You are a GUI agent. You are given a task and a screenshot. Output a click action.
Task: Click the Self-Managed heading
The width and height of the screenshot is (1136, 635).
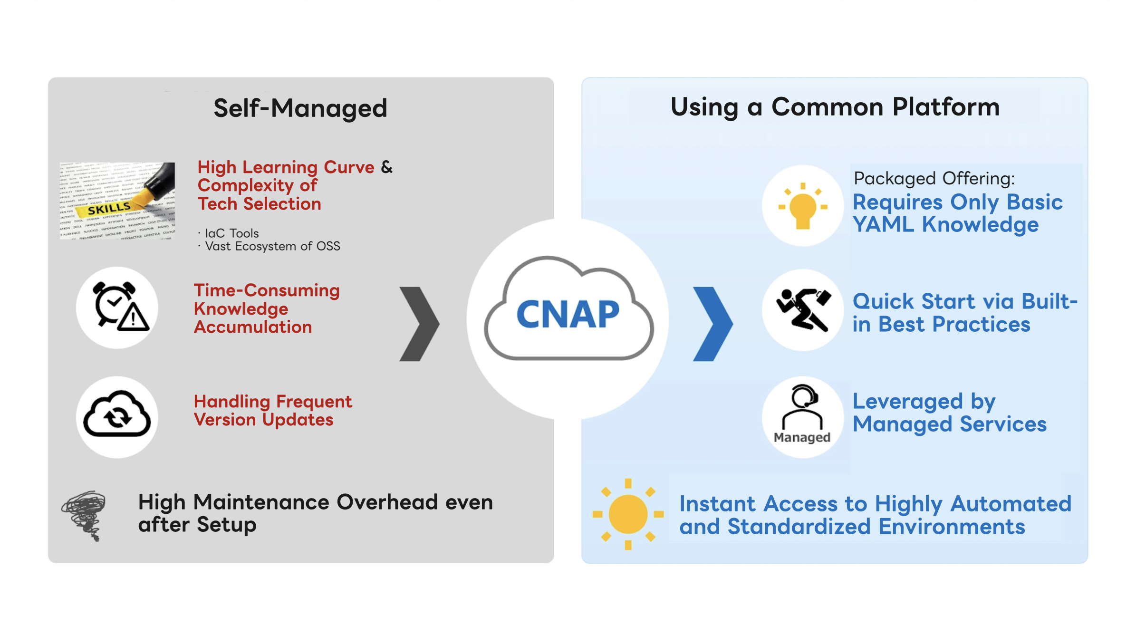pos(300,108)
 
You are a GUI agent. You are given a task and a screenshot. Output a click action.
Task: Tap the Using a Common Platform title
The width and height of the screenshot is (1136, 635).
pos(835,107)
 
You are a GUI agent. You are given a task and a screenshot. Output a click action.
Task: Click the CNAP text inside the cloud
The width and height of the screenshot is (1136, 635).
pos(568,315)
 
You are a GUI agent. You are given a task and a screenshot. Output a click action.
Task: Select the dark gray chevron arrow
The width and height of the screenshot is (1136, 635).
pos(419,324)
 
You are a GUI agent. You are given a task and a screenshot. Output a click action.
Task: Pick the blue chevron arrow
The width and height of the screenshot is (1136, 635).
pos(712,324)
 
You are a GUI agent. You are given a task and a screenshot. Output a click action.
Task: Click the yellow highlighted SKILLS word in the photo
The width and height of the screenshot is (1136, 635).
pos(109,209)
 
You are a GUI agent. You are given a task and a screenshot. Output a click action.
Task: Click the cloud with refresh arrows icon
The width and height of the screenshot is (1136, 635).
pos(117,415)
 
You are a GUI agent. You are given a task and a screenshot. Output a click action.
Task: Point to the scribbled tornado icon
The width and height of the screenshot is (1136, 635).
pos(85,515)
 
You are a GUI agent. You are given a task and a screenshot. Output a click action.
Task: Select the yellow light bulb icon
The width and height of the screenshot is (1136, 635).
pos(803,206)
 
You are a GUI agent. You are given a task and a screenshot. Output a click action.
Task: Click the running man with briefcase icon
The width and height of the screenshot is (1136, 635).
pos(803,309)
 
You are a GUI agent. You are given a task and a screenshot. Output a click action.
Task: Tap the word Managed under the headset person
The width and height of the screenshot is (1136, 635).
pos(802,437)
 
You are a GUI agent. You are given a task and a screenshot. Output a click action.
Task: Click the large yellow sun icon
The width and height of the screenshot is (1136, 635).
pos(628,514)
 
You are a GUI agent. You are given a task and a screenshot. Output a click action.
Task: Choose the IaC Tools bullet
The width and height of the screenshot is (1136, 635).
pos(231,233)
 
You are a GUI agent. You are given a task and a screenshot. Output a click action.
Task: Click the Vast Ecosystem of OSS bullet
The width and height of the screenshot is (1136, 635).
pos(272,246)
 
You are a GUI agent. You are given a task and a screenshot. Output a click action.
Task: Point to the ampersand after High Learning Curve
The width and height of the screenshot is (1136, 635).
pos(387,167)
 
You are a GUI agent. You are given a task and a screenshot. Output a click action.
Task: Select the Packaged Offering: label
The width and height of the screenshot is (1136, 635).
pos(934,179)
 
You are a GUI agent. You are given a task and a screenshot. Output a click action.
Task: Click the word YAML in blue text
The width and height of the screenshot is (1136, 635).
pos(883,224)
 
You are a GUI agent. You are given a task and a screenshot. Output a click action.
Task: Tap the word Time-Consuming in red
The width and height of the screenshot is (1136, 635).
pos(267,290)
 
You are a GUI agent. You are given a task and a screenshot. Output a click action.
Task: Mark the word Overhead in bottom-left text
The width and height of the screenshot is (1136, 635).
pos(387,502)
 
